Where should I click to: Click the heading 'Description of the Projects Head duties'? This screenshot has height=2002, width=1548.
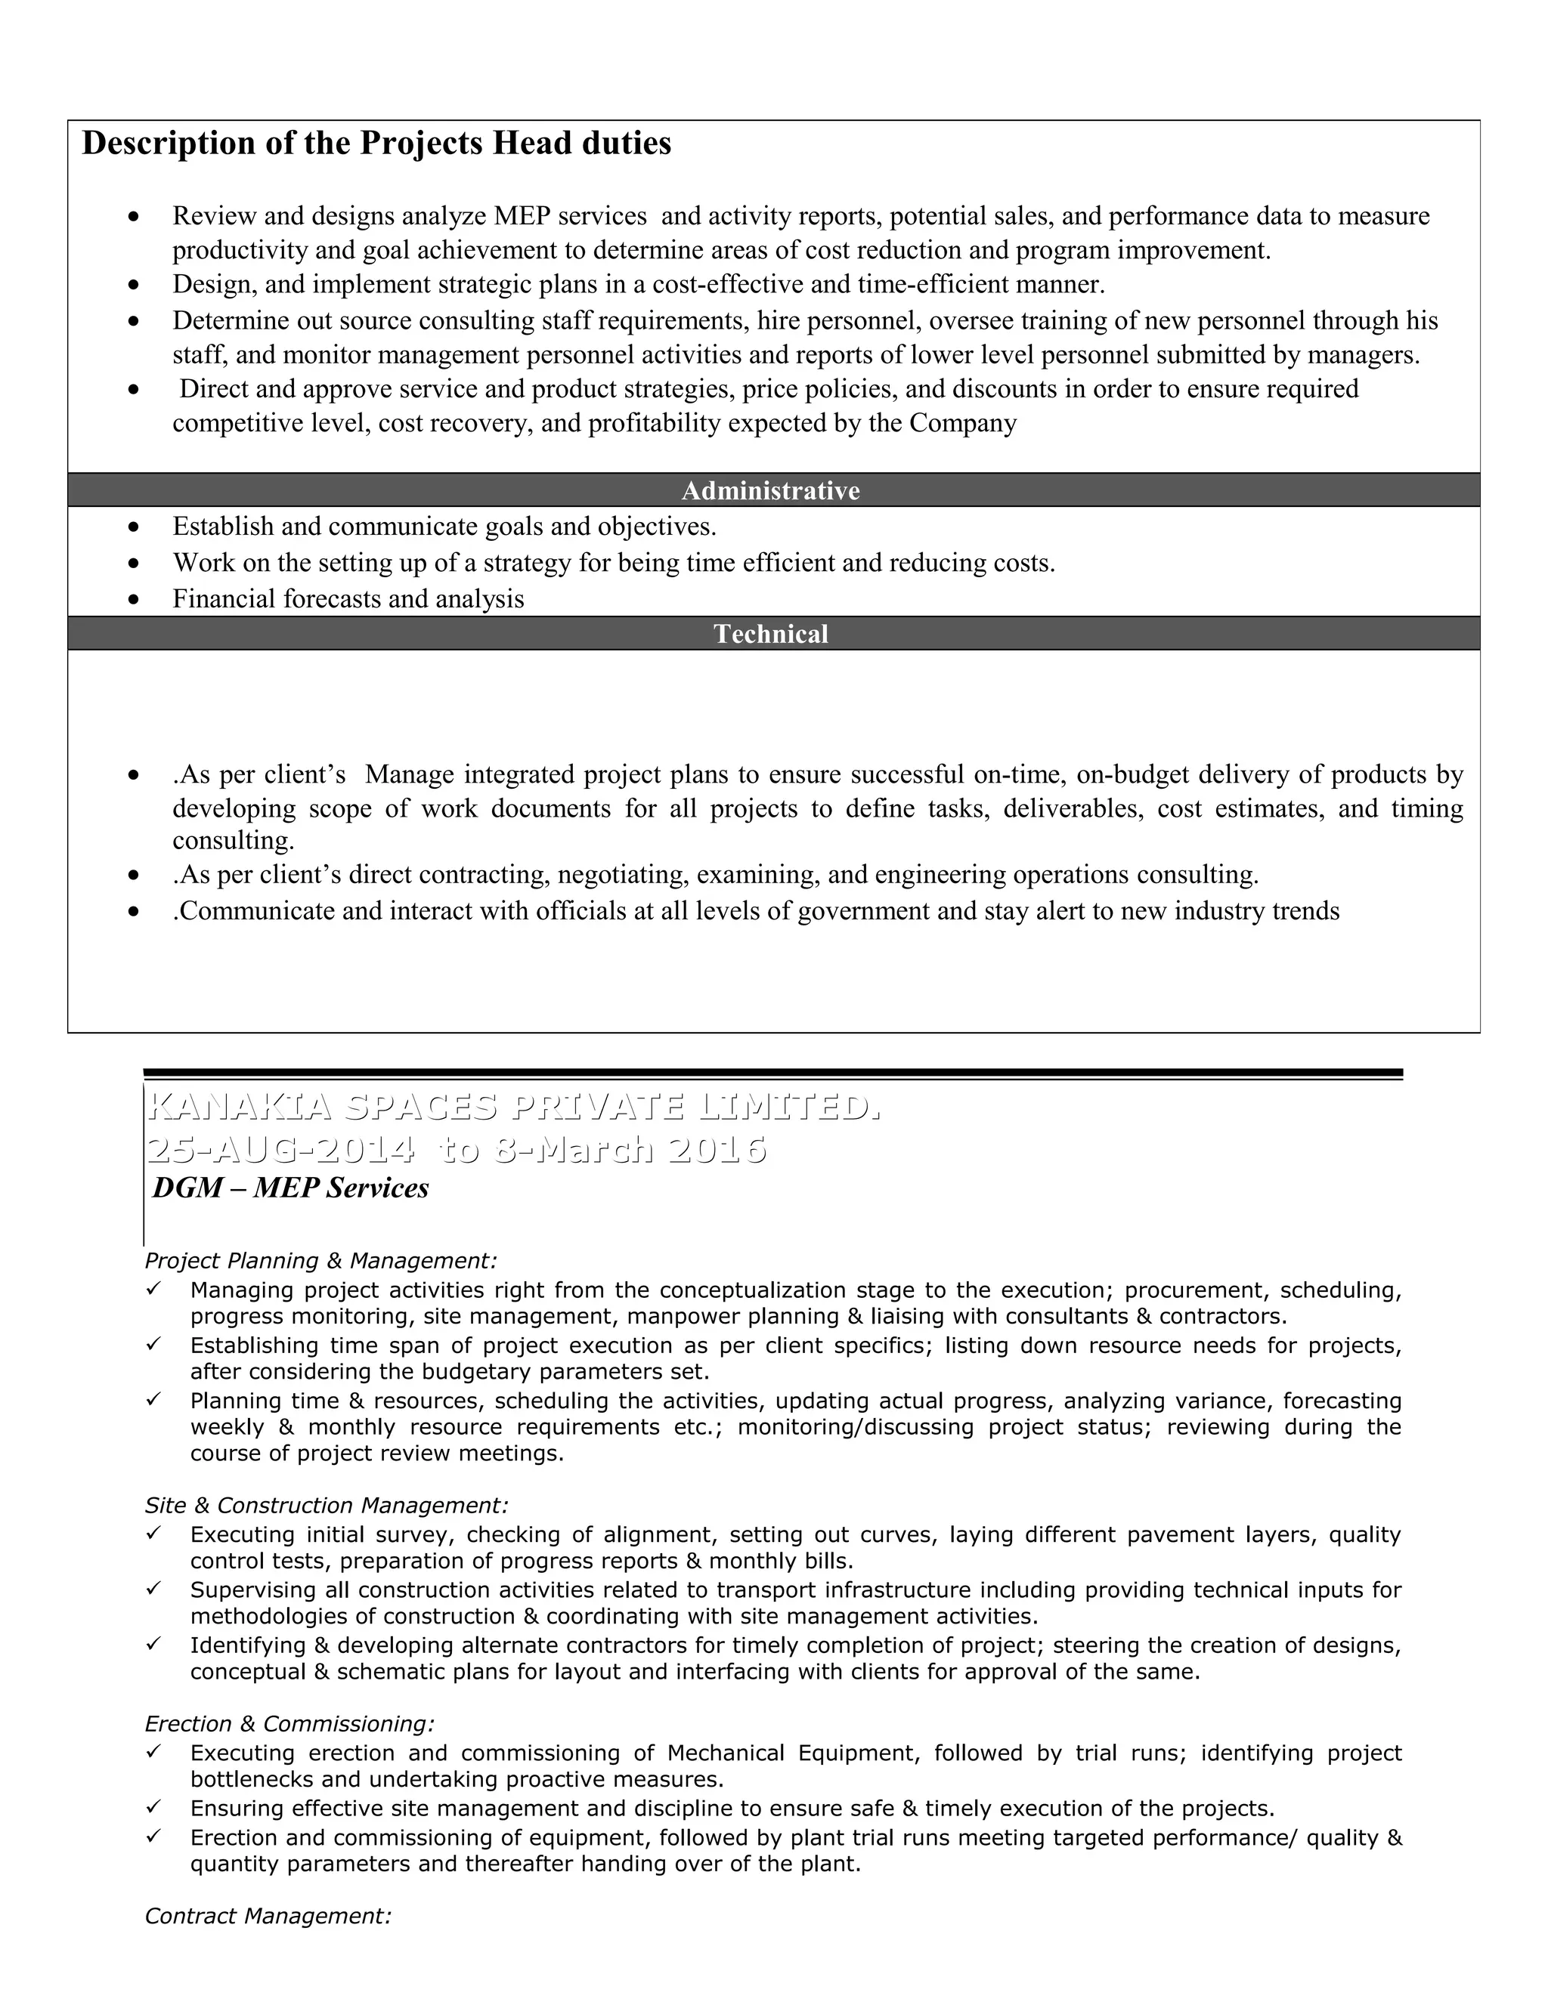(x=376, y=144)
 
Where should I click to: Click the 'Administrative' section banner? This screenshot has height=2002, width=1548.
(x=770, y=490)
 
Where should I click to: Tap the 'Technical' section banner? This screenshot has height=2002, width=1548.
(x=770, y=633)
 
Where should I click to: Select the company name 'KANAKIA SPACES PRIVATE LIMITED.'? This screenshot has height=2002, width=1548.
(x=513, y=1108)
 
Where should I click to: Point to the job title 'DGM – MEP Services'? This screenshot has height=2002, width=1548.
(x=291, y=1188)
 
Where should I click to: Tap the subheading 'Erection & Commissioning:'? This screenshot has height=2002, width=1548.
(x=289, y=1724)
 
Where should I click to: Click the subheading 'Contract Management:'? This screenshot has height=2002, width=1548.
(x=268, y=1917)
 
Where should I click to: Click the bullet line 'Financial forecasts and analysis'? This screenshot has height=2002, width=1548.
(x=348, y=598)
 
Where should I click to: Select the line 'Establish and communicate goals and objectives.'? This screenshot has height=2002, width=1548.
(x=444, y=526)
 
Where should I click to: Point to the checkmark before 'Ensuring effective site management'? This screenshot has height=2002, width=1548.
(x=153, y=1807)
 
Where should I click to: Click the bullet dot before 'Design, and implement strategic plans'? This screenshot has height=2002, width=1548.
(x=135, y=285)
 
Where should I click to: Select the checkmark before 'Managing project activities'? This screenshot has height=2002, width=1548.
(x=153, y=1289)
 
